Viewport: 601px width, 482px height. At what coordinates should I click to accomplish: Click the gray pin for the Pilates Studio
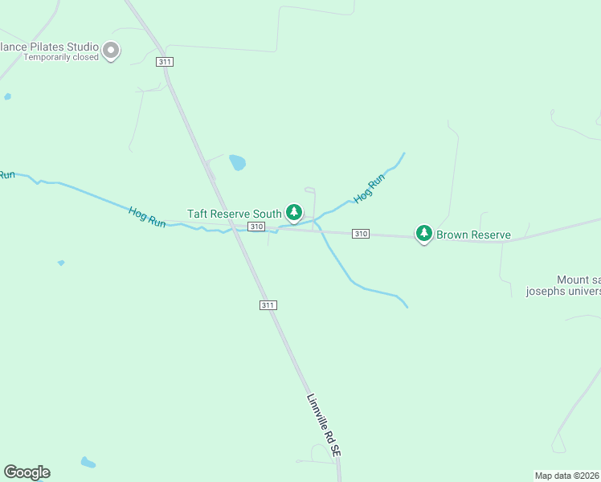pyautogui.click(x=112, y=51)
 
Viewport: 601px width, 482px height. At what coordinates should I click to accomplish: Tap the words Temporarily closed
pyautogui.click(x=61, y=57)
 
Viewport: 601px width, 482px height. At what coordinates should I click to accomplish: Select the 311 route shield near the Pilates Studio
pyautogui.click(x=165, y=61)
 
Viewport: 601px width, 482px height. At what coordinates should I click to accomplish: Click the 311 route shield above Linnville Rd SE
pyautogui.click(x=268, y=305)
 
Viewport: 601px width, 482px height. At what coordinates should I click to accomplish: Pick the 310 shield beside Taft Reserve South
pyautogui.click(x=256, y=227)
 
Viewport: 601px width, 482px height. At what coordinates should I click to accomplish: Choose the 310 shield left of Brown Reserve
pyautogui.click(x=361, y=234)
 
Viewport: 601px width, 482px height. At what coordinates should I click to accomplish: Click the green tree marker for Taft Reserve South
pyautogui.click(x=295, y=213)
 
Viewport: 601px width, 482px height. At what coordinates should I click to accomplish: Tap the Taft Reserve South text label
pyautogui.click(x=234, y=214)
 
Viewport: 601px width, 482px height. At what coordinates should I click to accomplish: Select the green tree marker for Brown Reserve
pyautogui.click(x=423, y=234)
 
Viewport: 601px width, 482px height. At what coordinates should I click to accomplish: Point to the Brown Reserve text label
pyautogui.click(x=473, y=235)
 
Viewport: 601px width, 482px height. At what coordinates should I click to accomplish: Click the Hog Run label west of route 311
pyautogui.click(x=147, y=217)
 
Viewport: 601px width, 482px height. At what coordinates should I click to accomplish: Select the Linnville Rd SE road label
pyautogui.click(x=324, y=426)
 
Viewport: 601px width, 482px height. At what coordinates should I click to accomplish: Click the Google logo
pyautogui.click(x=27, y=472)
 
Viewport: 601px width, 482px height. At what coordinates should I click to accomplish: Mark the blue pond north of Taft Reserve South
pyautogui.click(x=237, y=163)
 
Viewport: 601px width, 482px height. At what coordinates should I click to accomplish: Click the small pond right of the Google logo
pyautogui.click(x=88, y=463)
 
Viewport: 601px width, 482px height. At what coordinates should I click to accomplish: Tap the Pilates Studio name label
pyautogui.click(x=48, y=47)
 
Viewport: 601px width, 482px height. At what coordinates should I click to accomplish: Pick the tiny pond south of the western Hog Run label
pyautogui.click(x=61, y=263)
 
